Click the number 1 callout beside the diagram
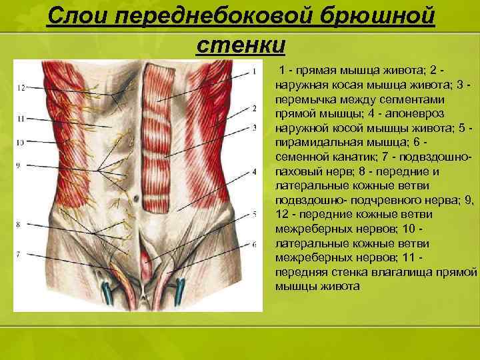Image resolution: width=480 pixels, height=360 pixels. [x=254, y=71]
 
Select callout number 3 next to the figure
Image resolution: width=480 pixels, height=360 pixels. [x=254, y=127]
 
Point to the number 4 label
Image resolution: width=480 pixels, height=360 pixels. [x=254, y=171]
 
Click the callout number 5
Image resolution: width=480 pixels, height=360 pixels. [x=254, y=213]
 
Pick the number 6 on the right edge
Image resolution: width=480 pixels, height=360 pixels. [x=254, y=244]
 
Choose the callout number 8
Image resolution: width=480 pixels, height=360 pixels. [x=18, y=224]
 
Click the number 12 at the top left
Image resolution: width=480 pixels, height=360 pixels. [x=21, y=87]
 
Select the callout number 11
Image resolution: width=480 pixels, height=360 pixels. [x=21, y=119]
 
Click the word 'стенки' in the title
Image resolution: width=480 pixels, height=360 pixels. [x=241, y=46]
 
